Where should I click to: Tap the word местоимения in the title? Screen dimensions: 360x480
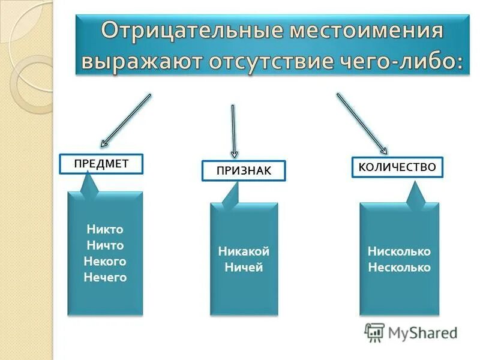[370, 31]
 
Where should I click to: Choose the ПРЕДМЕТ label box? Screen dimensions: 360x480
[101, 164]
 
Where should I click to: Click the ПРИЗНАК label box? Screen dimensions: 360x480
[243, 171]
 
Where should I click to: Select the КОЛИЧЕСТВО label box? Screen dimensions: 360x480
[397, 167]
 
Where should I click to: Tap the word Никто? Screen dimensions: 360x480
[105, 229]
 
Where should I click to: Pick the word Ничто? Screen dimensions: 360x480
[105, 245]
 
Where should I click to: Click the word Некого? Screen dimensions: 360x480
[105, 262]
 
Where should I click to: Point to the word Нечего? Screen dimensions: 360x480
[105, 277]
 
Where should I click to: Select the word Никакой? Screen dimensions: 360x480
[244, 251]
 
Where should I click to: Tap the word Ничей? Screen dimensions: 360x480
[244, 268]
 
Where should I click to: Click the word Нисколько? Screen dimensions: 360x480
[399, 251]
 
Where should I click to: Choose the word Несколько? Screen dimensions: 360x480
[399, 268]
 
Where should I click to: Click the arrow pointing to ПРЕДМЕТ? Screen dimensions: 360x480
[125, 120]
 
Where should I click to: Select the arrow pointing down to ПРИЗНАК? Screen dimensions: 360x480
[234, 132]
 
